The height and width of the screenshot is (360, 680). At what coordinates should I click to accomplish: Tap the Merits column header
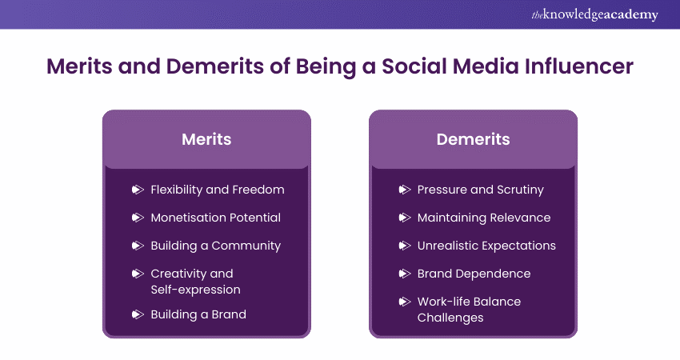(x=206, y=139)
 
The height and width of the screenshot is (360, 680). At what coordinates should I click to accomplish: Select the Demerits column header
(x=473, y=139)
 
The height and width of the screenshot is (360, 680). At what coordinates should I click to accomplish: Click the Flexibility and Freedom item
(x=218, y=190)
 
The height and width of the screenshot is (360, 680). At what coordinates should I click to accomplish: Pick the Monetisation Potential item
(x=215, y=218)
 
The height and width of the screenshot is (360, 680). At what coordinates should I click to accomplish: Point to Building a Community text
(x=215, y=246)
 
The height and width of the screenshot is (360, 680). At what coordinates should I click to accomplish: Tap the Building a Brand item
(x=198, y=314)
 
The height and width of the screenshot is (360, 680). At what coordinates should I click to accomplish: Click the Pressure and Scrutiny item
(x=480, y=190)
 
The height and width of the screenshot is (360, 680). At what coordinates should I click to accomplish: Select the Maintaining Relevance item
(x=484, y=218)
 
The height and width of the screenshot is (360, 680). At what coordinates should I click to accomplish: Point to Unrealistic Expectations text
(x=486, y=246)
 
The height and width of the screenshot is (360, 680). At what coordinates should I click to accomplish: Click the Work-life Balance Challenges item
(x=469, y=309)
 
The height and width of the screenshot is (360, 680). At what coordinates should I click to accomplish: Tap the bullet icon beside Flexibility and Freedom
(x=137, y=190)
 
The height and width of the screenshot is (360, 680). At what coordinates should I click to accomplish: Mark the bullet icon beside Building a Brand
(x=137, y=314)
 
